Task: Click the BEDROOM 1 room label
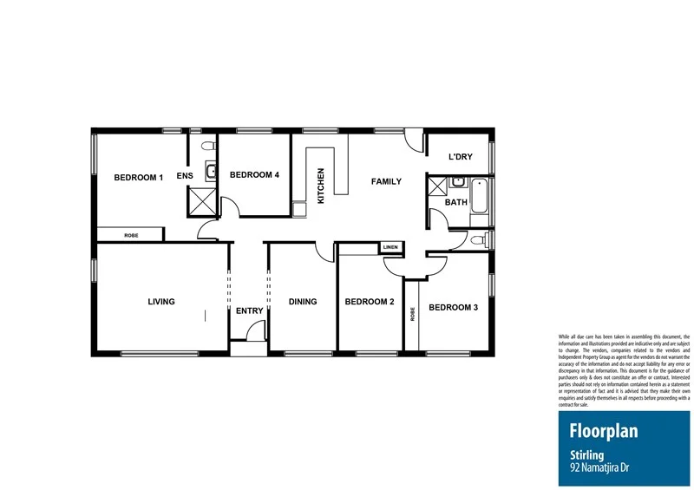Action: point(139,178)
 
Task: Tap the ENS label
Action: point(185,177)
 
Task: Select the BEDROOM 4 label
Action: point(254,174)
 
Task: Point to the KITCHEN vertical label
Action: point(321,186)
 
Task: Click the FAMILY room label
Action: point(386,182)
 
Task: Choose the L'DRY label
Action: point(460,157)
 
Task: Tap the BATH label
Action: point(455,203)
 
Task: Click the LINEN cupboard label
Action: point(391,248)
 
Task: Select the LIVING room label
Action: point(161,302)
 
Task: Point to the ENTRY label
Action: point(249,311)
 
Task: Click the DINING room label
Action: point(303,302)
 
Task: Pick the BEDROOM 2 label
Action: point(370,302)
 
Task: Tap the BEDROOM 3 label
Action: point(453,307)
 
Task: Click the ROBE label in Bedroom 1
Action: point(131,235)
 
